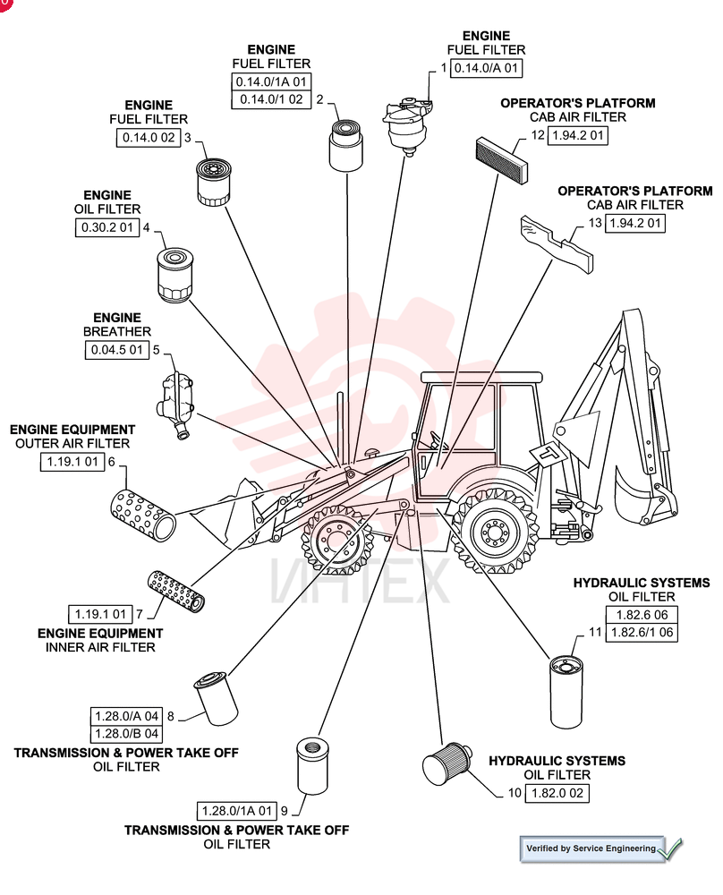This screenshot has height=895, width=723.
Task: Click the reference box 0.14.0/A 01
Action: click(x=486, y=69)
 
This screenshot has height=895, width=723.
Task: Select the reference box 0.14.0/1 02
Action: click(x=271, y=99)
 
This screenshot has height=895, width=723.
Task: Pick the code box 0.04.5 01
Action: click(x=116, y=350)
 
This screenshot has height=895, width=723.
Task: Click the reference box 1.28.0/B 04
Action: click(x=126, y=734)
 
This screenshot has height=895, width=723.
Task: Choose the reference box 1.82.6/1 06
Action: click(x=642, y=633)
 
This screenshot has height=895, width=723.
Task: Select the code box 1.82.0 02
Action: click(x=557, y=793)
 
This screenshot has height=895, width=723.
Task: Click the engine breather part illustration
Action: click(x=174, y=405)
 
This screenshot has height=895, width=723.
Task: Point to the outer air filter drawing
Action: click(x=142, y=516)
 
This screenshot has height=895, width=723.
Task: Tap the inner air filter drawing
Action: click(x=176, y=592)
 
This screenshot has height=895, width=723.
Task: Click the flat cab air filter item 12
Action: click(x=502, y=160)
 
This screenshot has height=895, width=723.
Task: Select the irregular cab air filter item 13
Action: click(x=557, y=243)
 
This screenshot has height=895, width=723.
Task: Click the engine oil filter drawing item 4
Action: click(x=174, y=275)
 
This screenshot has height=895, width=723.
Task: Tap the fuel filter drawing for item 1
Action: click(x=407, y=125)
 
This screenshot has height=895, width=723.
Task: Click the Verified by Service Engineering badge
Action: click(x=600, y=848)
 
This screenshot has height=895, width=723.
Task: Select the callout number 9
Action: click(x=285, y=811)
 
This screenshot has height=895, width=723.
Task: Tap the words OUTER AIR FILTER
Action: click(x=72, y=444)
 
